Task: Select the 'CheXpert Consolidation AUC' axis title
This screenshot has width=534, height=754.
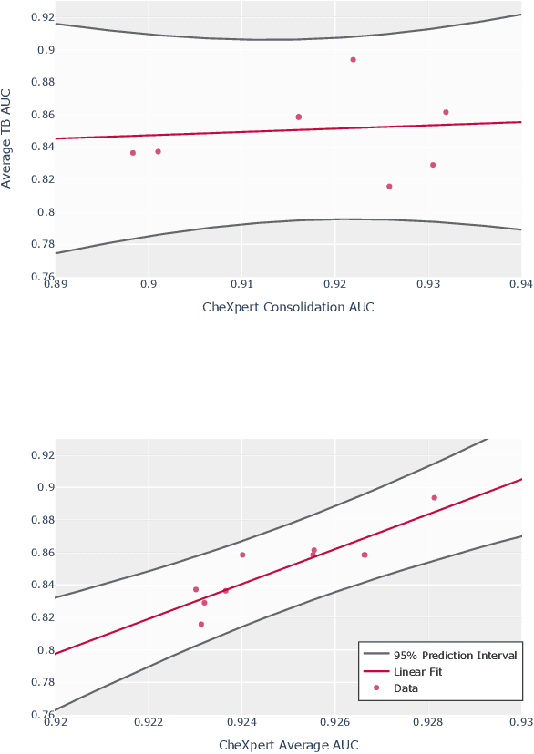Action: tap(288, 307)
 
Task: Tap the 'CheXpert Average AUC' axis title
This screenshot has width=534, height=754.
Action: tap(288, 745)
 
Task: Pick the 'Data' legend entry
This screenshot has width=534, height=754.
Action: tap(406, 688)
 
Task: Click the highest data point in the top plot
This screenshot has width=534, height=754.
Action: tap(353, 60)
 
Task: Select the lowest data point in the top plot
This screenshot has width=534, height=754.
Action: tap(389, 187)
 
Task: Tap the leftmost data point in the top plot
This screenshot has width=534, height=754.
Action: tap(133, 153)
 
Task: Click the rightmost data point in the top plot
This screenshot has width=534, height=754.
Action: tap(446, 112)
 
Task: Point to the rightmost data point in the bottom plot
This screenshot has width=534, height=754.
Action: tap(435, 498)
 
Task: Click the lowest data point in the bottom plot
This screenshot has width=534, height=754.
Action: tap(201, 624)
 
